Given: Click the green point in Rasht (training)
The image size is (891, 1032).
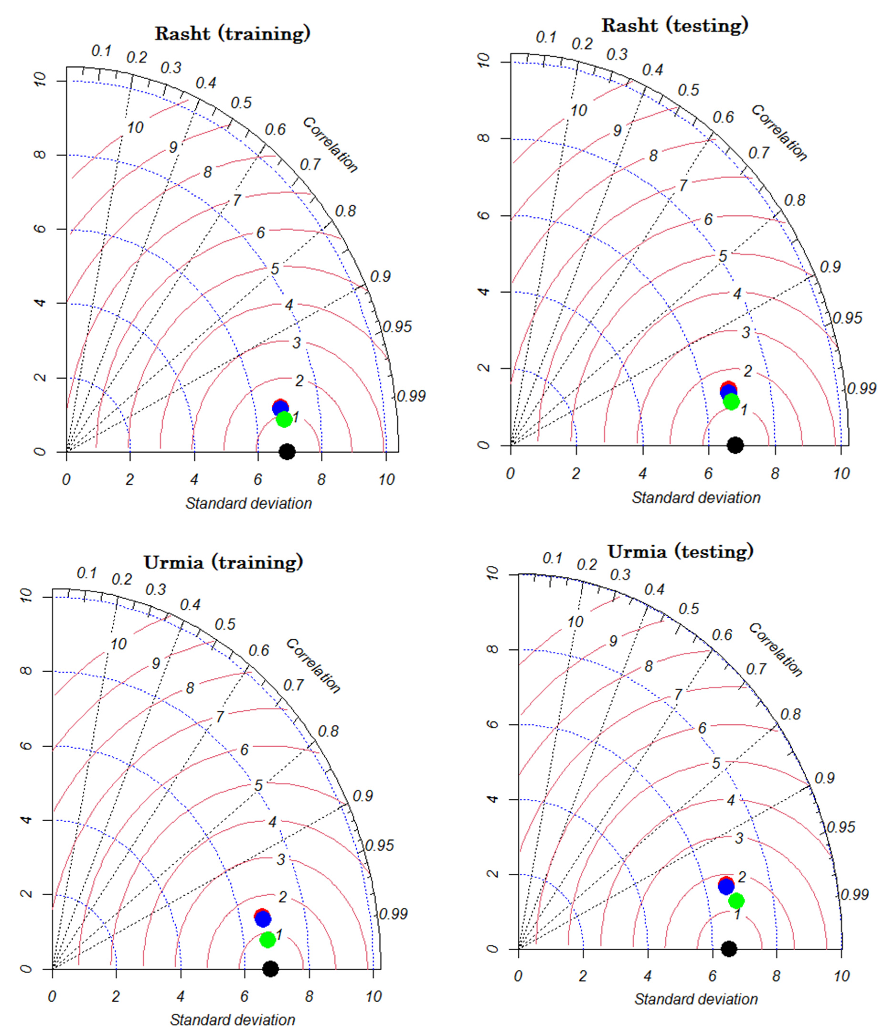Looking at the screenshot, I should [284, 419].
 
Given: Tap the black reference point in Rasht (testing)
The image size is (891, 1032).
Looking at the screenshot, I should [735, 445].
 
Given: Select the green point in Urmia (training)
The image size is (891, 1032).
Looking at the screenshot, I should [267, 939].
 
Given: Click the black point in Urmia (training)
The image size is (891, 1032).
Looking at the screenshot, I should [270, 969].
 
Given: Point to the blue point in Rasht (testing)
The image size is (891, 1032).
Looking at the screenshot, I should [728, 392].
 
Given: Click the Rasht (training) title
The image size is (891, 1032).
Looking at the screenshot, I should [233, 33].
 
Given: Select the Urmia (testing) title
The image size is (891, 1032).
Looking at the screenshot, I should [680, 551].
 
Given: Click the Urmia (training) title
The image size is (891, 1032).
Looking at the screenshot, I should [224, 562].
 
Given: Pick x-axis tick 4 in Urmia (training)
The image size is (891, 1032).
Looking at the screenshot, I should [180, 996].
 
